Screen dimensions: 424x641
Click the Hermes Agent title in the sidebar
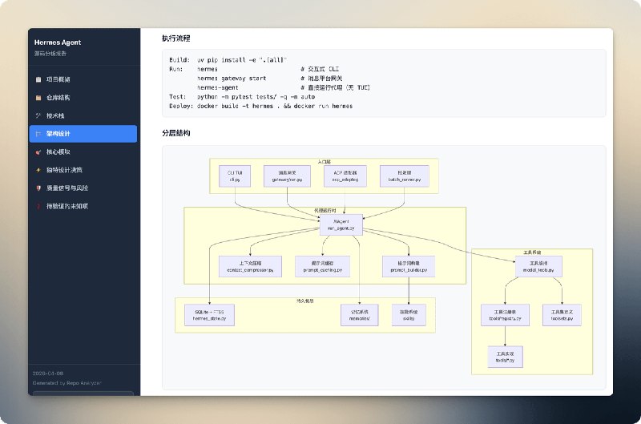pos(58,42)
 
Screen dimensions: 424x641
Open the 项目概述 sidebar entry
pos(58,80)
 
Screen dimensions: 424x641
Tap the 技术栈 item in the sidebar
pos(56,115)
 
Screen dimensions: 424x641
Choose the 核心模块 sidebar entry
pos(58,151)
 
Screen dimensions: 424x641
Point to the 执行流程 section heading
pos(175,38)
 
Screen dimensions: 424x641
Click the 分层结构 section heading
pos(175,132)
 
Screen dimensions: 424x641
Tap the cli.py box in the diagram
pos(235,176)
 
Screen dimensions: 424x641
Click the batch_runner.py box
pos(404,176)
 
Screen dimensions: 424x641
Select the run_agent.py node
pos(341,225)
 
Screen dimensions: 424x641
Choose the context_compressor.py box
pos(249,267)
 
